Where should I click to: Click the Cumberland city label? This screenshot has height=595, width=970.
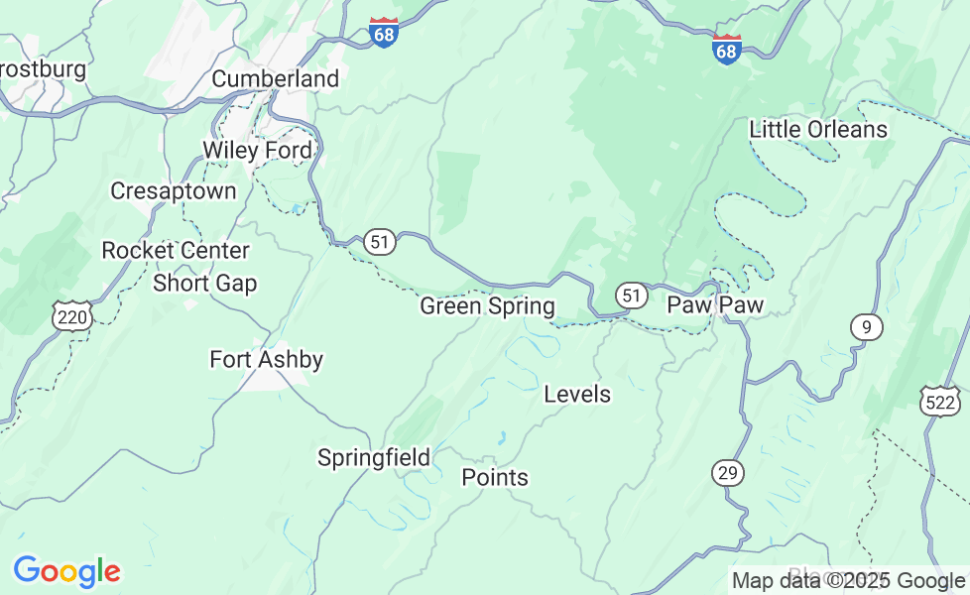275,78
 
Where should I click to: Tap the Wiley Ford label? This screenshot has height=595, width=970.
257,151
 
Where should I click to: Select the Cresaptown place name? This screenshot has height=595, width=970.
174,190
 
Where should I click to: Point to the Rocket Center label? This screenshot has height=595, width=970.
176,251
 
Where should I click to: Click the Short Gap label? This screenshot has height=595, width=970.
204,284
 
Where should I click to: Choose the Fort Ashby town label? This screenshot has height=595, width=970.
266,359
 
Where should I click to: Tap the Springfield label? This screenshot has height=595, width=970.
373,458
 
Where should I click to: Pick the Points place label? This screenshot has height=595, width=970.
495,478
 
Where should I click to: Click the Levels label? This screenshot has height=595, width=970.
577,395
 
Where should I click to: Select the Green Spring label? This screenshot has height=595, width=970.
487,306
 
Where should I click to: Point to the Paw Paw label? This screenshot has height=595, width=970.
714,304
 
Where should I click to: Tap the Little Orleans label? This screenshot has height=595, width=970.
818,130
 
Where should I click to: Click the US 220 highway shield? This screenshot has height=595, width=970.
74,317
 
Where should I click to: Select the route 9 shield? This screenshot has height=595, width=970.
866,327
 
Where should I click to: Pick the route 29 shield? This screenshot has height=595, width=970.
728,473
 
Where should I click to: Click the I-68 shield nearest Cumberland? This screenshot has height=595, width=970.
383,32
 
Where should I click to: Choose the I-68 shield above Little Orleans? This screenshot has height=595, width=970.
726,49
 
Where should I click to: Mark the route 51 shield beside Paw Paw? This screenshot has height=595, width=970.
631,295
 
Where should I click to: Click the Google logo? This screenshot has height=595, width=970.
66,572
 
